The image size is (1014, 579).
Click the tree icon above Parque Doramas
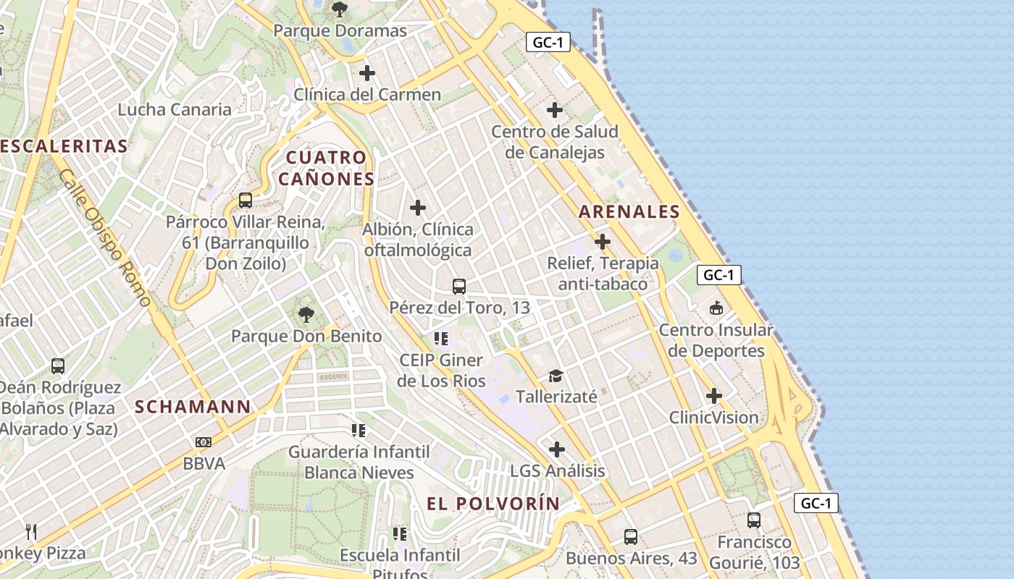[x=339, y=9]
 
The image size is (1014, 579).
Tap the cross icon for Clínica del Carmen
[x=367, y=73]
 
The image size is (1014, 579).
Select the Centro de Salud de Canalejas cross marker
[x=555, y=110]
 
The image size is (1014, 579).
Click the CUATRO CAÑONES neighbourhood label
[x=330, y=168]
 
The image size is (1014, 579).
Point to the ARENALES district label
[x=629, y=212]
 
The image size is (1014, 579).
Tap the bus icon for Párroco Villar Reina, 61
[x=246, y=200]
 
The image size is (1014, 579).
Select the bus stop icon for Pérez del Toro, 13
[x=459, y=286]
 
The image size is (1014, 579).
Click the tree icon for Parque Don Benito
[x=306, y=315]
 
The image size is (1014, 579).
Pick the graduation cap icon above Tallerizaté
[x=556, y=376]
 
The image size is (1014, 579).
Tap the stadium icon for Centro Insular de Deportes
[x=716, y=308]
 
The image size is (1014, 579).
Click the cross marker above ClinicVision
[x=714, y=396]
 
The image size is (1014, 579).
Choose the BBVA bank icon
[x=204, y=441]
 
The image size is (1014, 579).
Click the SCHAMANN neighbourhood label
[x=193, y=407]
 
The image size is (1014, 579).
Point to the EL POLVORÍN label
[x=493, y=504]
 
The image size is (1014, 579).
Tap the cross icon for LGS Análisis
[x=556, y=449]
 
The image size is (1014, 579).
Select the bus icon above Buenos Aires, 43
[x=631, y=537]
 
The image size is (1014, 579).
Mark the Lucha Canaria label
[x=175, y=110]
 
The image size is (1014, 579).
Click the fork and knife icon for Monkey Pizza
[x=31, y=532]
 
